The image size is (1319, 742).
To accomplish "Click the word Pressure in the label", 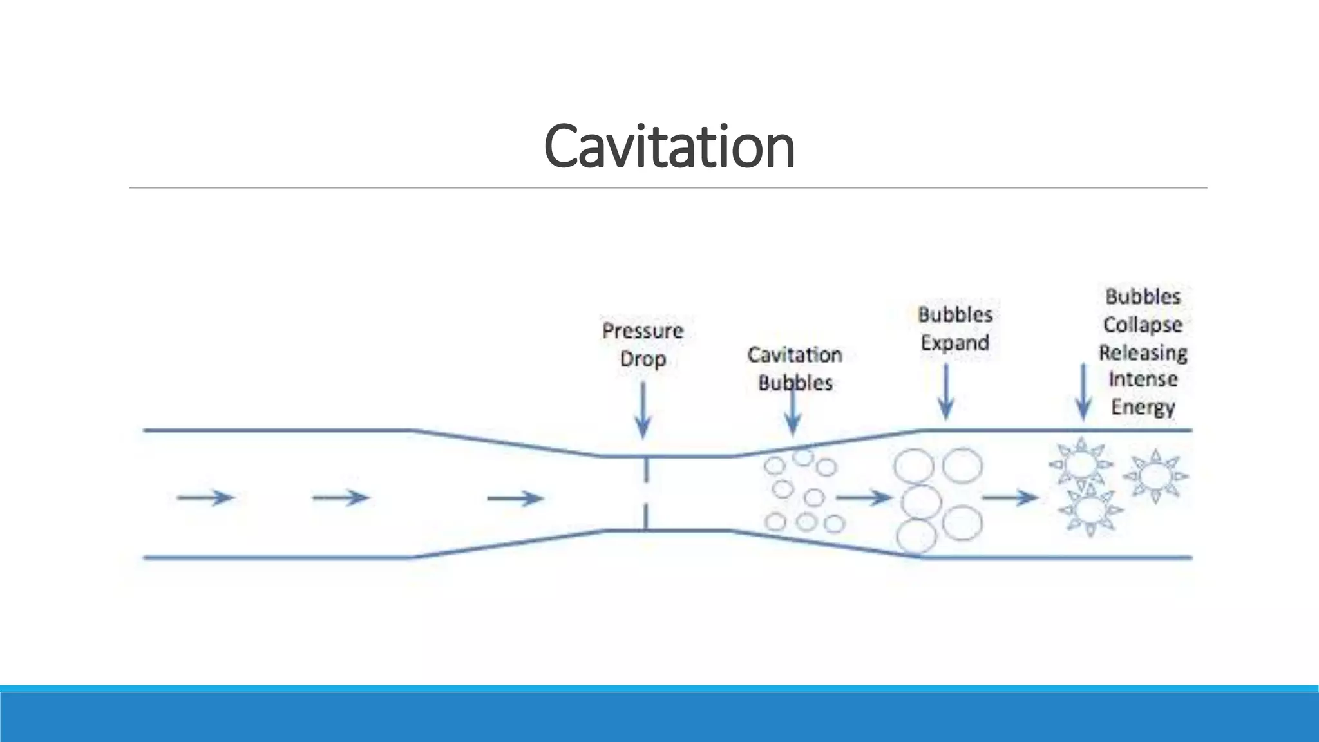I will coord(642,331).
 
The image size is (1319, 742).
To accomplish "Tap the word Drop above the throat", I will coord(642,359).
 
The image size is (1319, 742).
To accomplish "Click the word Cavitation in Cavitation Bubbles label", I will coord(794,355).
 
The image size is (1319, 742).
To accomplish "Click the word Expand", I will coord(954,343).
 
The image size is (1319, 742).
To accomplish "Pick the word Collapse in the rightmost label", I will coord(1143,325).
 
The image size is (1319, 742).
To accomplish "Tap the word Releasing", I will coord(1143,353).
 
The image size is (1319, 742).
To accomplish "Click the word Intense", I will coord(1143,379).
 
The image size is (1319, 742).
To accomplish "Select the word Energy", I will coord(1143,407).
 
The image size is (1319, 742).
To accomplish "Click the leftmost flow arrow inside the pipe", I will coord(205,497).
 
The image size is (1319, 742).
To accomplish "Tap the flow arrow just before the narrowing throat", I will coord(515,498).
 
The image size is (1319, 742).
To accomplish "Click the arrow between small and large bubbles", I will coord(864,497).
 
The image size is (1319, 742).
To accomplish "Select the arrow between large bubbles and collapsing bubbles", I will coord(1010,497).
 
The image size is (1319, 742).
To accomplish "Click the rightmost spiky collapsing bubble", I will coord(1156,477).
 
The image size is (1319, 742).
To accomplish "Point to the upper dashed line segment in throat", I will coord(645,470).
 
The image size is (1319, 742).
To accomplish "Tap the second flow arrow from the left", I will coord(340,497).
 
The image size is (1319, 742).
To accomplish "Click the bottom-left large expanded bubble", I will coord(917,536).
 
